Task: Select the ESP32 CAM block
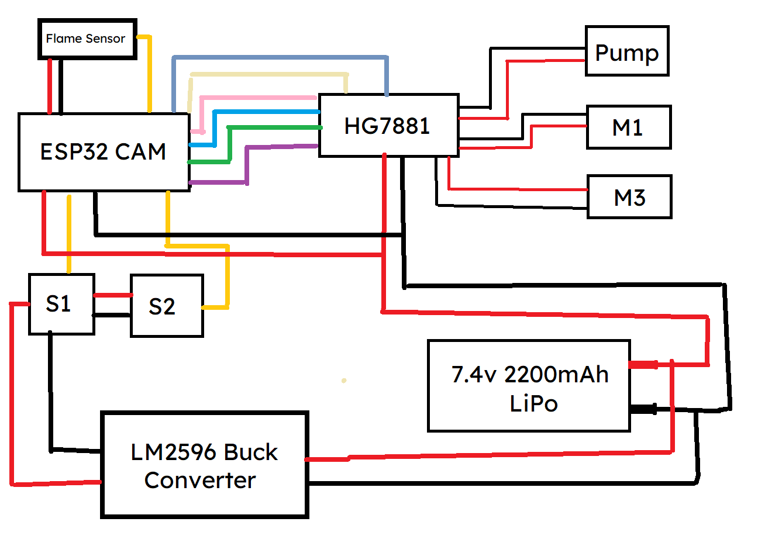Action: click(104, 152)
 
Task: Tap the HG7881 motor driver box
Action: click(388, 126)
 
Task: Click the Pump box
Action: click(626, 51)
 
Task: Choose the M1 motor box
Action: click(628, 127)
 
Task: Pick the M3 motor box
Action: click(629, 197)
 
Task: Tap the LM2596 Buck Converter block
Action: click(204, 465)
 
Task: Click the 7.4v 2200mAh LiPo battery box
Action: click(529, 386)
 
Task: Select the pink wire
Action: click(257, 97)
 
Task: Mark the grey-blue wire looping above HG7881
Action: click(281, 57)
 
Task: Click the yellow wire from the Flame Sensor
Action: click(149, 70)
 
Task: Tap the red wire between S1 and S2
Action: click(112, 295)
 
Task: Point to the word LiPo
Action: click(533, 403)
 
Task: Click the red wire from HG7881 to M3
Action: click(515, 189)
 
